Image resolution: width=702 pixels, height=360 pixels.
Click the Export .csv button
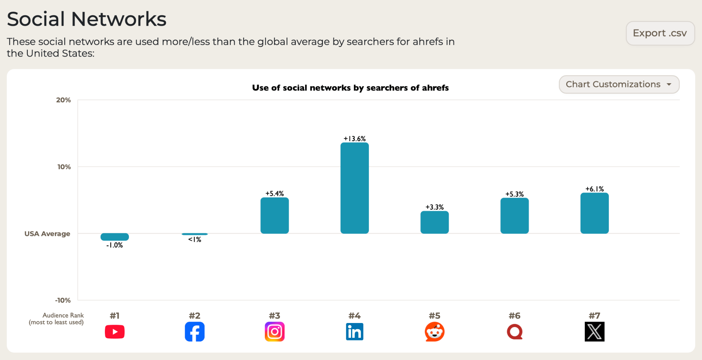[660, 33]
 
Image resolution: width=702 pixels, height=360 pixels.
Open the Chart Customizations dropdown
[619, 84]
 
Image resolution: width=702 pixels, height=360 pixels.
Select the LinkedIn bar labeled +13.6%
[354, 188]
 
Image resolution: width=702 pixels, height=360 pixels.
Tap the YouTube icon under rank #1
[114, 332]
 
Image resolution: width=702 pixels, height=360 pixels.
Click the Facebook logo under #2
[194, 332]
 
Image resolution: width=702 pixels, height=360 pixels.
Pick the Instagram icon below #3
[275, 332]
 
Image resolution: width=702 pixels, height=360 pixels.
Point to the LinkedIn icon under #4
[354, 332]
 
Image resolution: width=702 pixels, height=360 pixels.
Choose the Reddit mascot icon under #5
[434, 332]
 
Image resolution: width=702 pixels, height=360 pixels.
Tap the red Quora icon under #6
[515, 332]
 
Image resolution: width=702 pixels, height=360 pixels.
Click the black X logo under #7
[594, 332]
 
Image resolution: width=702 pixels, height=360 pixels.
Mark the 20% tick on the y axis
[63, 100]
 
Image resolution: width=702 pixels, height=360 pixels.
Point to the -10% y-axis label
[63, 300]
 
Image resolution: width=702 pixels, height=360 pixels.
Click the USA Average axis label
[47, 234]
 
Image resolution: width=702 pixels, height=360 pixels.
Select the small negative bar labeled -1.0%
[114, 237]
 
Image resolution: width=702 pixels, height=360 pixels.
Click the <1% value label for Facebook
[194, 240]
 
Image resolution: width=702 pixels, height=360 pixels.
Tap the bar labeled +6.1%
[594, 213]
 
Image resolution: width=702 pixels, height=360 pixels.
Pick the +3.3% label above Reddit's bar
[434, 207]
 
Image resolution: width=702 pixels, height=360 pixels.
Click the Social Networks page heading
[87, 19]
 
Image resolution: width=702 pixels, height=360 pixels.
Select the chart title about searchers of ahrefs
[350, 88]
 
